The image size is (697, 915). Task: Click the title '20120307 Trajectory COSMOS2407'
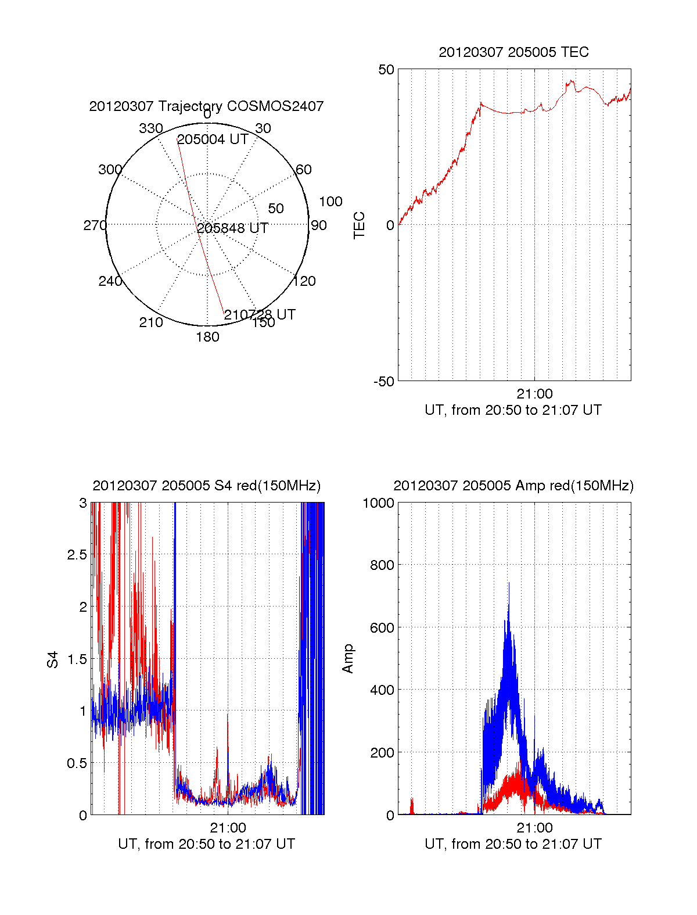click(206, 106)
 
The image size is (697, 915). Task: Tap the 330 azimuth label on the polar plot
click(150, 128)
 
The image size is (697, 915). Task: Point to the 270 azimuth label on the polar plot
click(95, 225)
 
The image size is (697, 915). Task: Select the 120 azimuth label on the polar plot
click(304, 281)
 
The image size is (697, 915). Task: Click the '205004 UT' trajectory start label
click(213, 139)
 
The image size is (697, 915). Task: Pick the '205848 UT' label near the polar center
click(232, 228)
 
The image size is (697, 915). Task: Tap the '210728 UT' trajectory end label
click(260, 315)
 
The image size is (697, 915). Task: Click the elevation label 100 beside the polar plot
click(330, 202)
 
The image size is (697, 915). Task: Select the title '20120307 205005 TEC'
click(513, 52)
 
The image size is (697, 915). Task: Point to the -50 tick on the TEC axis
click(384, 382)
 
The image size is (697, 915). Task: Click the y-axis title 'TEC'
click(360, 225)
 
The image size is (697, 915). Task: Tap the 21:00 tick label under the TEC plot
click(534, 394)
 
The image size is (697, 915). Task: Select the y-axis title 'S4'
click(53, 660)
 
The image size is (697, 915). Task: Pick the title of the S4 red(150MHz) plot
click(206, 486)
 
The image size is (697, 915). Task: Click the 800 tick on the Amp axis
click(382, 565)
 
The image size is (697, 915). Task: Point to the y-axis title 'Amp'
click(348, 659)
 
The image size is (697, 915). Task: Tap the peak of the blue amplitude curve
click(509, 583)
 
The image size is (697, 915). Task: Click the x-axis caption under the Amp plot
click(513, 844)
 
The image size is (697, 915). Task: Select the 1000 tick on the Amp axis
click(378, 503)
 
